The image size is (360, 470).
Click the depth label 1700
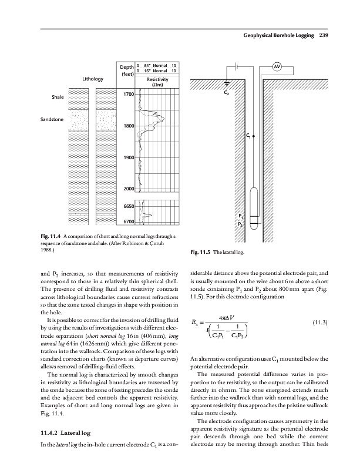click(129, 94)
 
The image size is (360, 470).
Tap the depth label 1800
click(129, 126)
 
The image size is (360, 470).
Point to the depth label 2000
click(129, 189)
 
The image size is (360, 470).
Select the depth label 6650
click(129, 206)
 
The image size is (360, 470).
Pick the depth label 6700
click(129, 221)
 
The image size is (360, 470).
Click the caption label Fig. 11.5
click(203, 253)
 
